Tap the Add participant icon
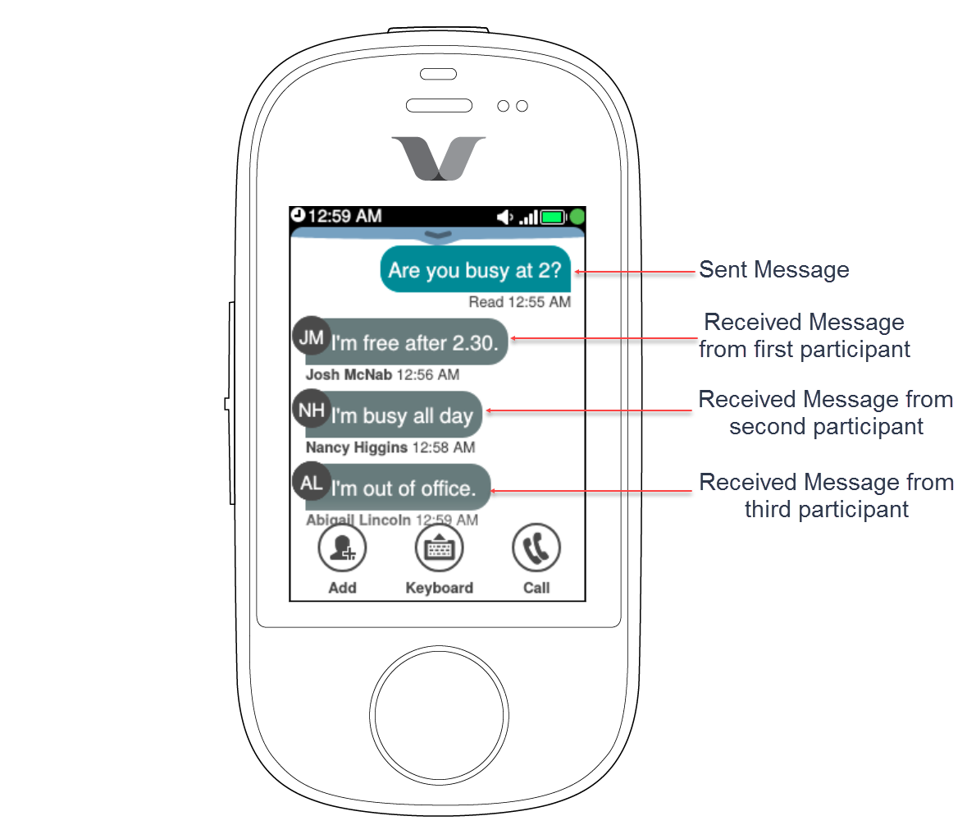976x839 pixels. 342,548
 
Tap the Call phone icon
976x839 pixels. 536,548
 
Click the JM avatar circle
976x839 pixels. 312,337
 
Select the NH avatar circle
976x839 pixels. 312,410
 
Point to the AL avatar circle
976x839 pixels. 312,482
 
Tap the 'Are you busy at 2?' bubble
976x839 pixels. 475,270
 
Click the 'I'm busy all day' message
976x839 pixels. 402,416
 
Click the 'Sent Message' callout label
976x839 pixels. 773,270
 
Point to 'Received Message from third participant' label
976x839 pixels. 826,495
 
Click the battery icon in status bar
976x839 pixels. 554,217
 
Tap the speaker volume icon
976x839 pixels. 504,217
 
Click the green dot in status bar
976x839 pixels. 577,217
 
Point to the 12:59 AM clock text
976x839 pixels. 344,216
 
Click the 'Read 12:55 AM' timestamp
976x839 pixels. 519,302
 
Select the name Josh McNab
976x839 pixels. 349,375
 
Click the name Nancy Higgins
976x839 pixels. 356,447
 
